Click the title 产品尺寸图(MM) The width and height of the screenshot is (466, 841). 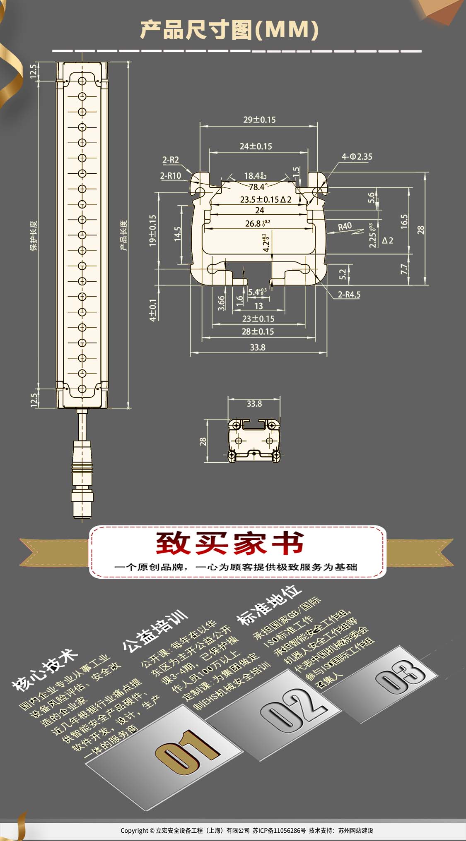click(229, 30)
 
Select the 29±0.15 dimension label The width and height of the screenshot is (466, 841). click(259, 120)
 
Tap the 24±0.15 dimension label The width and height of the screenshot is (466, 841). click(256, 146)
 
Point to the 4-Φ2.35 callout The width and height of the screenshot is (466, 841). click(357, 157)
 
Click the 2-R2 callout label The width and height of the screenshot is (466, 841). click(170, 160)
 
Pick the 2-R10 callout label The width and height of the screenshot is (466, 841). click(171, 176)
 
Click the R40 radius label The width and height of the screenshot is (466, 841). click(345, 226)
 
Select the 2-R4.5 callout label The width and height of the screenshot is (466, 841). click(349, 295)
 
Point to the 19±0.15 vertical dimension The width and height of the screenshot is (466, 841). click(153, 230)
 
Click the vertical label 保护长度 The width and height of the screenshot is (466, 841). click(33, 236)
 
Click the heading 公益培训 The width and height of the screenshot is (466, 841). click(155, 630)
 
